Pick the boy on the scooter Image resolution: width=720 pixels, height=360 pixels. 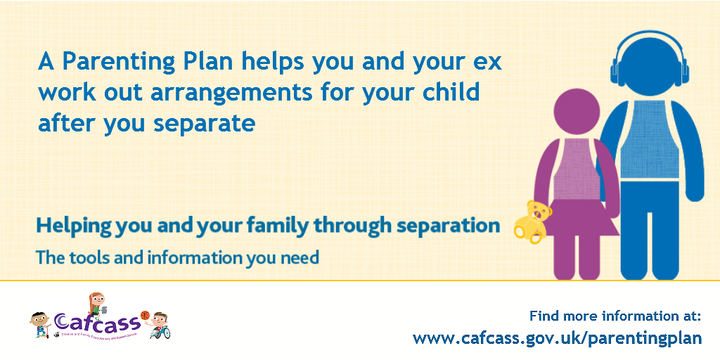point(38,326)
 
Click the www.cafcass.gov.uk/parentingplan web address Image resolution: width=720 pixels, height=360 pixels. point(557,338)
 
